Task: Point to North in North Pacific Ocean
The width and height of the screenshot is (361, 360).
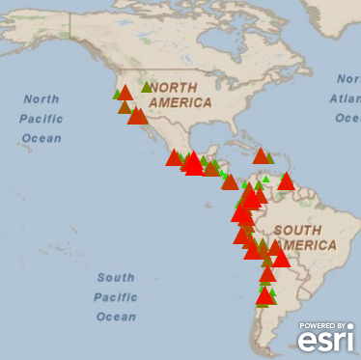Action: [x=41, y=99]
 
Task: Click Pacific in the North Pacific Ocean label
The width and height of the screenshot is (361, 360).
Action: [x=42, y=118]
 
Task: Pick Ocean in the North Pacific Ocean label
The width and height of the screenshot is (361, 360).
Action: [x=41, y=137]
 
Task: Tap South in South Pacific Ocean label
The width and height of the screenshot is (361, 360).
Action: [x=115, y=278]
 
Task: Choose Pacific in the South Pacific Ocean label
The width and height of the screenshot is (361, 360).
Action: [x=115, y=296]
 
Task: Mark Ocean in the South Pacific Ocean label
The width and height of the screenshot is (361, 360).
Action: [x=115, y=316]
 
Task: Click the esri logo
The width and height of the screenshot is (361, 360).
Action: [x=325, y=340]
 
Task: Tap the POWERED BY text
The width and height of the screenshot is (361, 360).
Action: [x=326, y=325]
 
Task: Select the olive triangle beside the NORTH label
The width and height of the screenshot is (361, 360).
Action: [x=147, y=87]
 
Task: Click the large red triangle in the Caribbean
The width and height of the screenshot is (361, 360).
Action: [x=261, y=155]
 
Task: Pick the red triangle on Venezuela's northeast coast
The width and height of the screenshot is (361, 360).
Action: [x=286, y=180]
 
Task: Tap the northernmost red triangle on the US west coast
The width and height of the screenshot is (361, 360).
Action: [x=125, y=92]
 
